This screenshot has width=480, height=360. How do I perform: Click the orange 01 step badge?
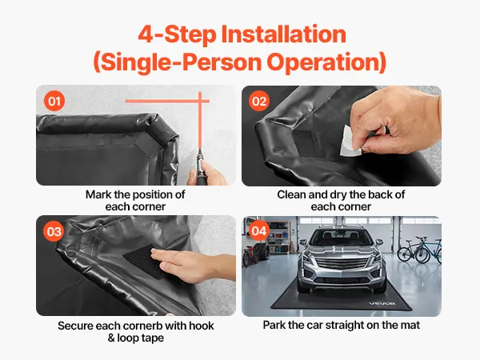[54, 101]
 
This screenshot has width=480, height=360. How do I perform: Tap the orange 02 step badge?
[259, 101]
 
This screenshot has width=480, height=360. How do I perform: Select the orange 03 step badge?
[54, 231]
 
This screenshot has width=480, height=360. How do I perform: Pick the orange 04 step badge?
[259, 230]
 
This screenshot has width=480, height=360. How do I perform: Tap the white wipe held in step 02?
[351, 140]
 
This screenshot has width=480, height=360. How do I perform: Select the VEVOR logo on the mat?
[382, 303]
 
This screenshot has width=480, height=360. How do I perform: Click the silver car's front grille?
[341, 263]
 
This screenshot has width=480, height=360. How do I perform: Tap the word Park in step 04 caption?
[274, 325]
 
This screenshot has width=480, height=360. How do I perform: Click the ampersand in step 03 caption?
[111, 338]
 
